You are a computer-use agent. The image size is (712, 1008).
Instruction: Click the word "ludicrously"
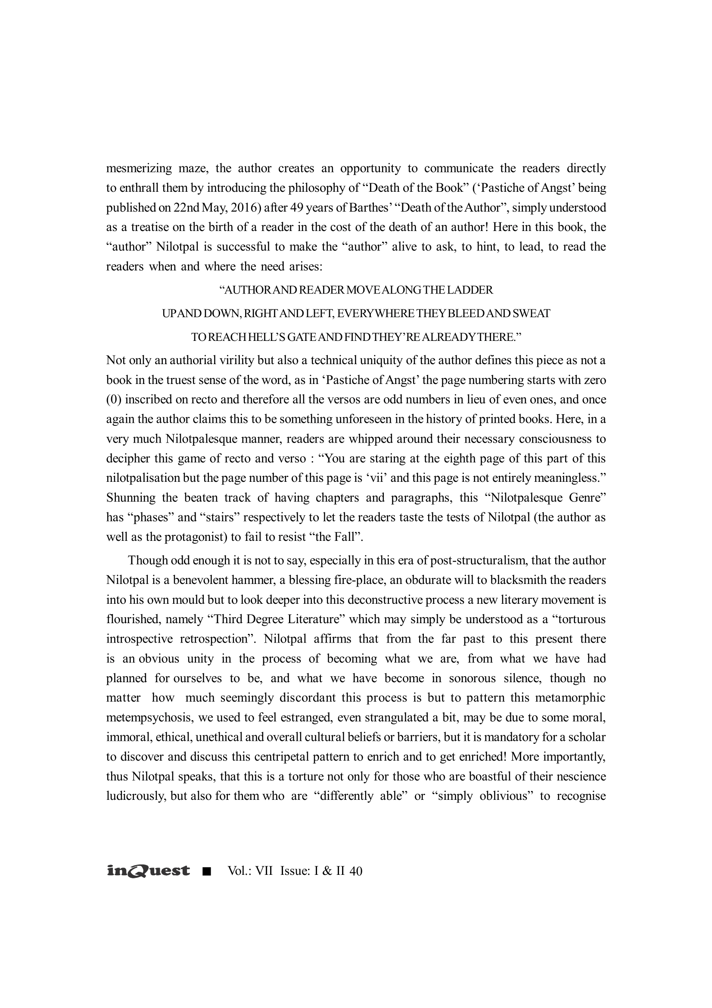[134, 796]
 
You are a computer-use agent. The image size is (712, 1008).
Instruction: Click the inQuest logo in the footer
[148, 871]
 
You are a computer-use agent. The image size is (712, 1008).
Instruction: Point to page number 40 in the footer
[356, 871]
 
